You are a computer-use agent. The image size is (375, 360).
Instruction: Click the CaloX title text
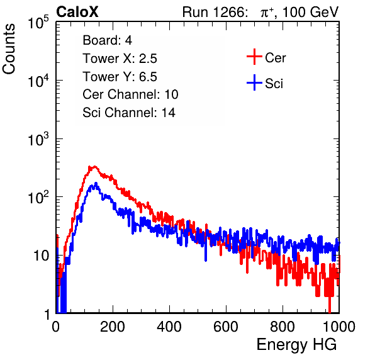[x=77, y=12]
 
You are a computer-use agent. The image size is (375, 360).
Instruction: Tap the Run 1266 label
[x=215, y=12]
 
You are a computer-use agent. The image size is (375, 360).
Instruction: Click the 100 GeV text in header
[x=310, y=12]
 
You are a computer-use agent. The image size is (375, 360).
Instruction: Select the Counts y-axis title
[x=9, y=49]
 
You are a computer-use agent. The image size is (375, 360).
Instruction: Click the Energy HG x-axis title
[x=296, y=345]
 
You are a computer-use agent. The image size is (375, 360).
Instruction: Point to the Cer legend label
[x=275, y=58]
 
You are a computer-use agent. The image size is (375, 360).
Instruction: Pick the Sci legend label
[x=274, y=84]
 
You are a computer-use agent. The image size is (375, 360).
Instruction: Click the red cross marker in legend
[x=254, y=57]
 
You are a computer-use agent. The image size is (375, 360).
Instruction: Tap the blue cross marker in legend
[x=254, y=82]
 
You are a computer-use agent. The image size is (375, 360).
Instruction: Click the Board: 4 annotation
[x=107, y=40]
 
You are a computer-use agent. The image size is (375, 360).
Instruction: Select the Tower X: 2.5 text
[x=120, y=59]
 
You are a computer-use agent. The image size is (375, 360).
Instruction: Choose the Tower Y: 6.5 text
[x=120, y=77]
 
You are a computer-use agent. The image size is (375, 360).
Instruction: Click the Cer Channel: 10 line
[x=130, y=94]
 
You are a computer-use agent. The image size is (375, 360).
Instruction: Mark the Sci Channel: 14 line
[x=129, y=113]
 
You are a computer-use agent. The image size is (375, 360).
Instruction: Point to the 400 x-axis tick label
[x=169, y=327]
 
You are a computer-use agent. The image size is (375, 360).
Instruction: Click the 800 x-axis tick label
[x=283, y=327]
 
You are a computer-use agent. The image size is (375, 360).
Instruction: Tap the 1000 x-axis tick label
[x=339, y=327]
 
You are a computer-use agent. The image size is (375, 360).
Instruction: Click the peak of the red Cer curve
[x=94, y=167]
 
